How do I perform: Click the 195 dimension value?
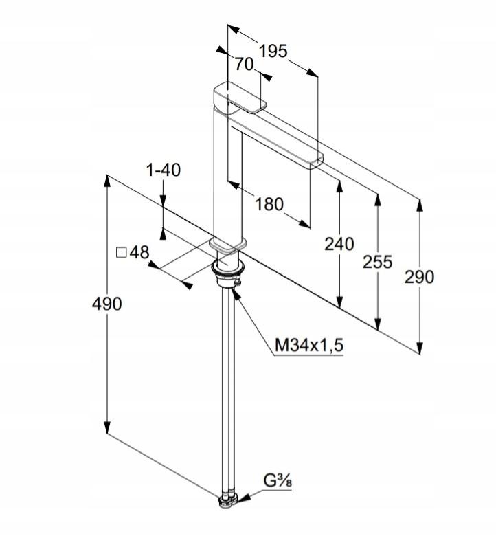point(273,52)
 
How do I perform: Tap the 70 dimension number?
point(244,64)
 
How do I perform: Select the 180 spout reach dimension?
point(269,204)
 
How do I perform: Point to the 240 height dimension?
point(339,244)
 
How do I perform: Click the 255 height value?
point(377,262)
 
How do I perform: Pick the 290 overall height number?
point(420,276)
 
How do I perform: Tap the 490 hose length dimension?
point(106,304)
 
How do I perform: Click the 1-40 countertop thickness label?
point(163,170)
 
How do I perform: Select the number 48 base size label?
point(139,253)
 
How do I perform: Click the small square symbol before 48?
point(122,253)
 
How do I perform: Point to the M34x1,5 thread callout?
point(309,345)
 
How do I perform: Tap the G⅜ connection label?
point(278,480)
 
